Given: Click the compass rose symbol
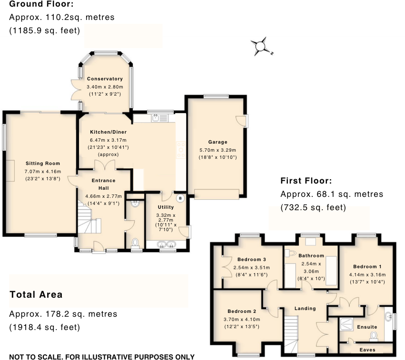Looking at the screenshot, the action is (260, 47).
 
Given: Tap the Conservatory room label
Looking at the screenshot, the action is (105, 79).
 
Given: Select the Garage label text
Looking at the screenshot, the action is (218, 142).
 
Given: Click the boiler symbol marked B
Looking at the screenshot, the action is (180, 198).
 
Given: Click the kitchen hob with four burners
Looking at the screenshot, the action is (181, 150).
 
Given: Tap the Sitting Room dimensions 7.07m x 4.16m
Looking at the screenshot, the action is (43, 171).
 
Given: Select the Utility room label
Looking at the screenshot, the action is (166, 207).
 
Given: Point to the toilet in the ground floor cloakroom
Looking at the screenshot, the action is (135, 243).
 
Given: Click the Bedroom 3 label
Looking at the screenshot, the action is (252, 259).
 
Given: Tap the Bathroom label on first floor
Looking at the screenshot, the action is (311, 255).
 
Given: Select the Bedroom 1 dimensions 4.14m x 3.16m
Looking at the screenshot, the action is (367, 274).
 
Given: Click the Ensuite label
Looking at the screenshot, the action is (367, 327).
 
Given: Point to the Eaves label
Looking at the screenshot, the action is (367, 350).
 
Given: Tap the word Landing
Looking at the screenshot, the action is (305, 308).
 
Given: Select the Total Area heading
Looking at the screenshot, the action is (36, 294).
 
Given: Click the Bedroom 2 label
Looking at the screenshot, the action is (242, 311).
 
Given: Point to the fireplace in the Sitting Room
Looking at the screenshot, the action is (10, 171).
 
